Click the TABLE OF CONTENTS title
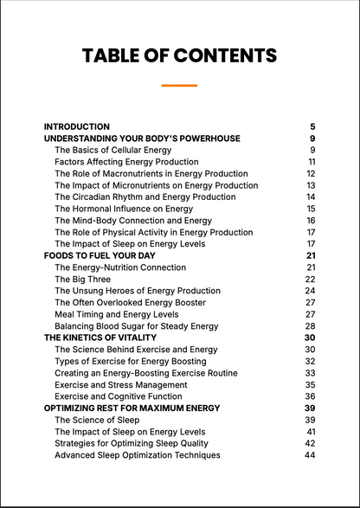179,56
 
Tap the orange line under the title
179,85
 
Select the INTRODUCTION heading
76,126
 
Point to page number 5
312,126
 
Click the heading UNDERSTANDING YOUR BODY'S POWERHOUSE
142,138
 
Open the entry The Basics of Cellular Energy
112,150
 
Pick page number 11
312,162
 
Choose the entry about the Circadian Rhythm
145,197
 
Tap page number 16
311,221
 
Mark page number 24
310,291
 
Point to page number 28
310,326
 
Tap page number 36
310,396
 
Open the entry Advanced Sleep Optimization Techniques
137,455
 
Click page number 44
310,455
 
